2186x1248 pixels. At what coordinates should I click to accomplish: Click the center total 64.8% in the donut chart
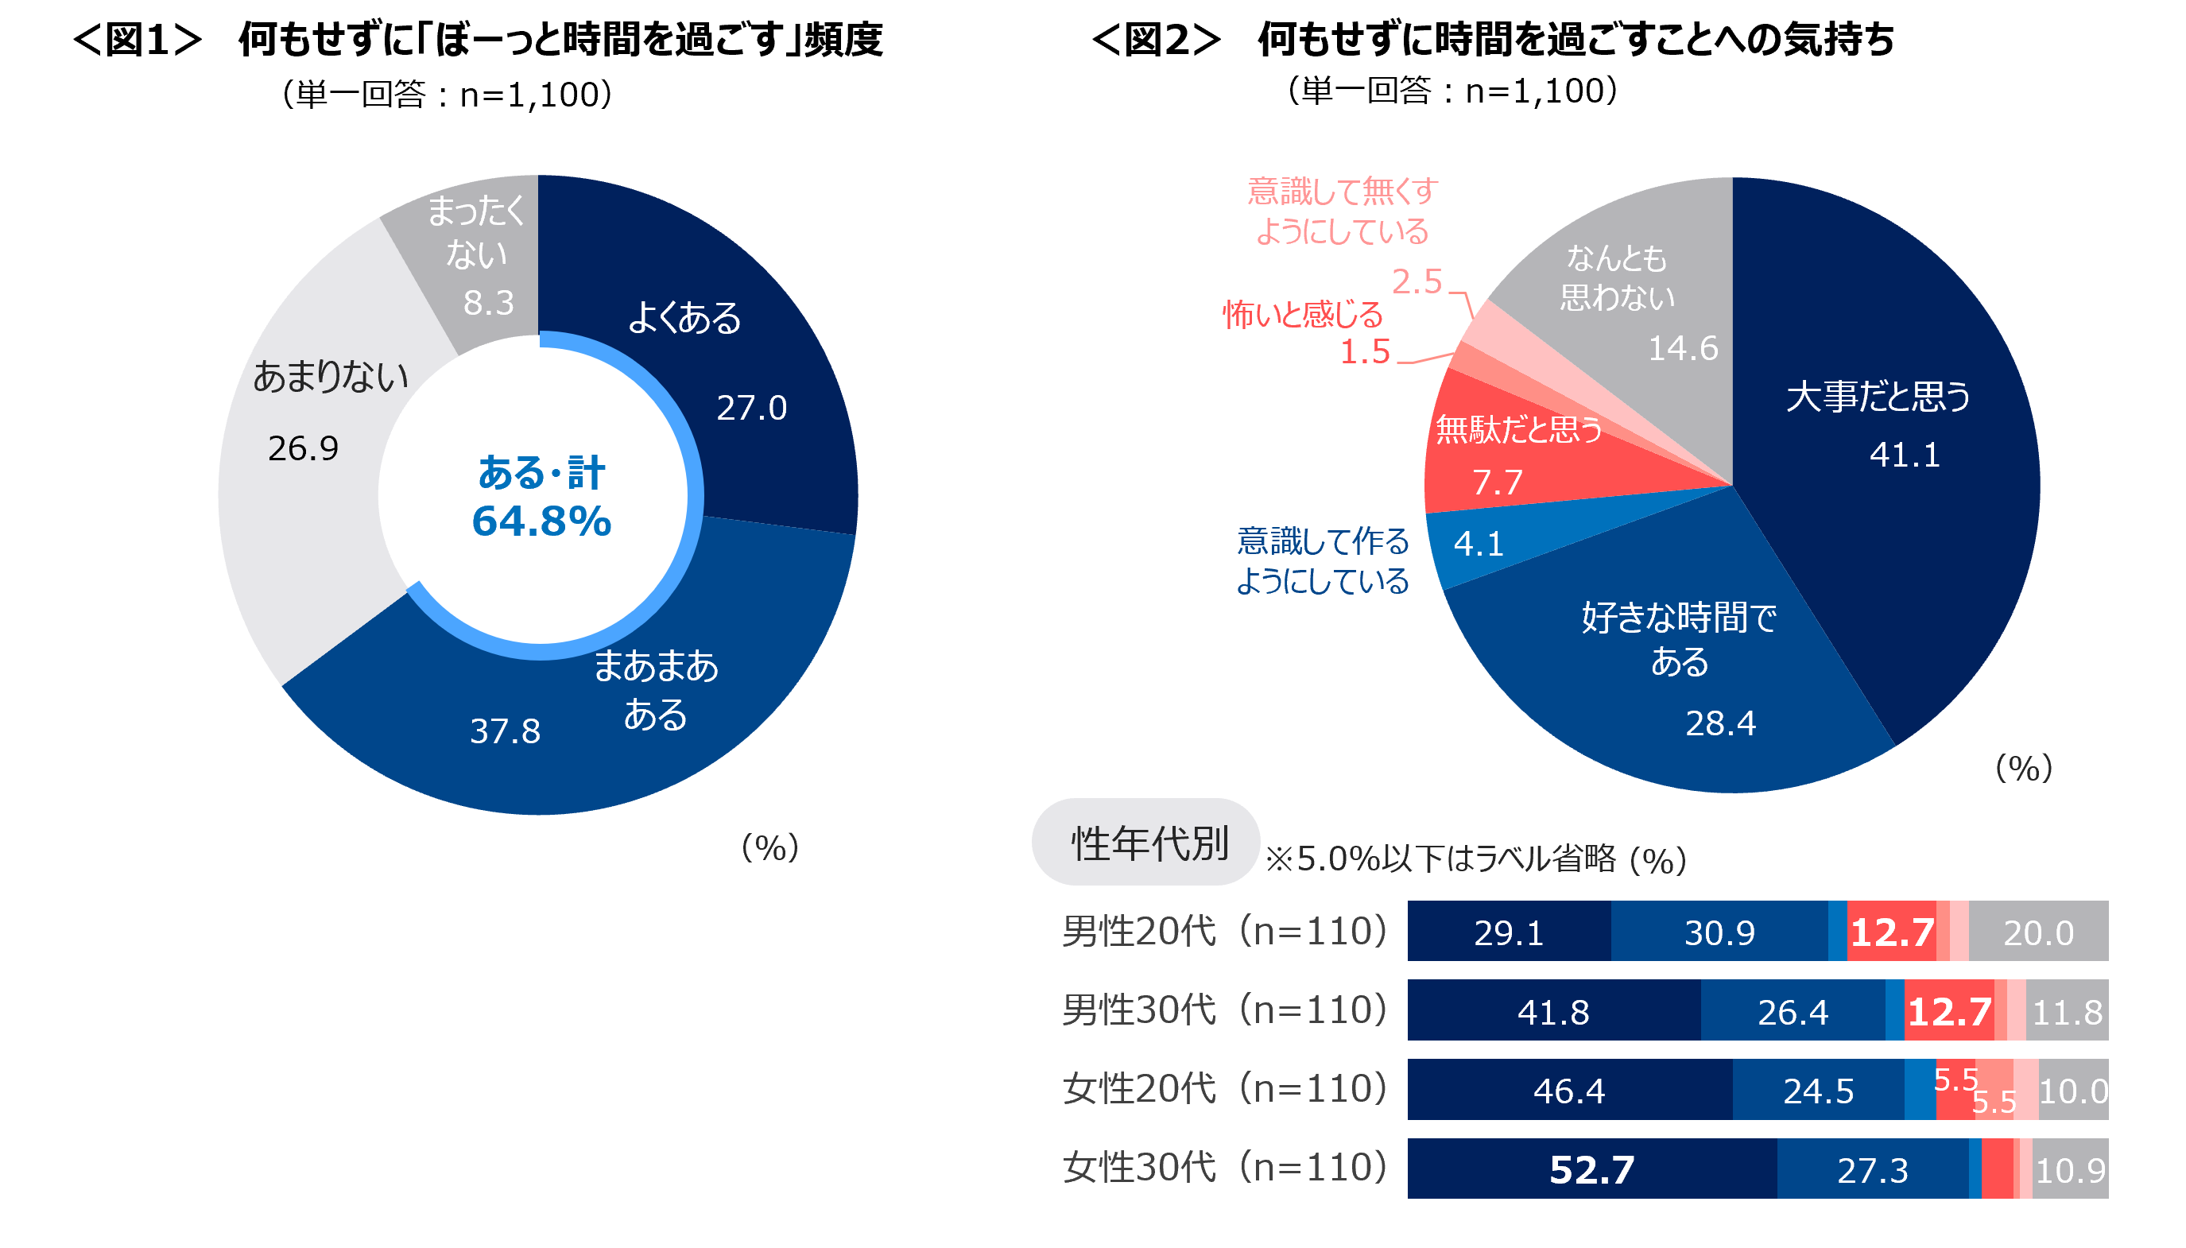pos(541,521)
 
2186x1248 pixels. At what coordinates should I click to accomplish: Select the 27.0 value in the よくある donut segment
pos(750,408)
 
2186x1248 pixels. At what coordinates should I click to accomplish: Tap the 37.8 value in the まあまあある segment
pos(505,731)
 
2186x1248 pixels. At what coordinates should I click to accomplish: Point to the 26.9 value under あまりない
pos(303,448)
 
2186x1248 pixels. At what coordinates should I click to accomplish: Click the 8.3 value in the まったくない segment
pos(488,303)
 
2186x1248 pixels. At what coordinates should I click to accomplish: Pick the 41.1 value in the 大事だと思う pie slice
pos(1904,454)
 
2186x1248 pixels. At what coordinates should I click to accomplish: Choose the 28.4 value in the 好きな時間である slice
pos(1720,723)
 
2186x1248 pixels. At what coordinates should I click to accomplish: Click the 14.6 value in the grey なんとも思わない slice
pos(1682,348)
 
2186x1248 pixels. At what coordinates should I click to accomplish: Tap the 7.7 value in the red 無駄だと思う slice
pos(1496,482)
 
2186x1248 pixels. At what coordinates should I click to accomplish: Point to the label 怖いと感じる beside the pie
pos(1301,315)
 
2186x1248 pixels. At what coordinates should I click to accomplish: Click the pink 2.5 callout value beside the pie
pos(1417,281)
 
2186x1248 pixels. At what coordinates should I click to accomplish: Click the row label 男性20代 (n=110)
pos(1223,932)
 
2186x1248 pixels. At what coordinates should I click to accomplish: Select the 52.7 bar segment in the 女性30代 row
pos(1591,1169)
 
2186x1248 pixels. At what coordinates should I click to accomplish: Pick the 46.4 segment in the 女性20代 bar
pos(1568,1091)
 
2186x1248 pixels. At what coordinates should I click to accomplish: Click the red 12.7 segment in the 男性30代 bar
pos(1948,1011)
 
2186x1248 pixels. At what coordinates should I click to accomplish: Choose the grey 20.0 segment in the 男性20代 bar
pos(2038,932)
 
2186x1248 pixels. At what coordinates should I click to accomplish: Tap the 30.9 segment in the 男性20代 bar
pos(1718,932)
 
